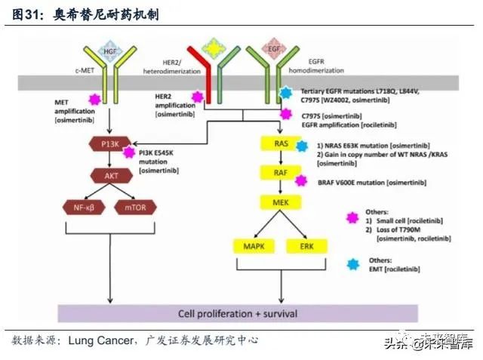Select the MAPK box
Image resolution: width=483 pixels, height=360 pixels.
252,246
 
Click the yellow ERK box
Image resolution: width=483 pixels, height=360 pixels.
307,246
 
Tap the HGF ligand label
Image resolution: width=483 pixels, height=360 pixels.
111,51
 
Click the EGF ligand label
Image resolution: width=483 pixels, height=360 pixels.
276,51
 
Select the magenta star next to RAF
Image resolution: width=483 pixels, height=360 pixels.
301,180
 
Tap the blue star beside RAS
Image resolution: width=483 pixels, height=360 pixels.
302,146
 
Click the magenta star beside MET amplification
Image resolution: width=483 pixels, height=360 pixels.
95,99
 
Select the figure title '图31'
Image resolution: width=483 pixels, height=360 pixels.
28,15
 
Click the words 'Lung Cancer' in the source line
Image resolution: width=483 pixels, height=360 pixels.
101,340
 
